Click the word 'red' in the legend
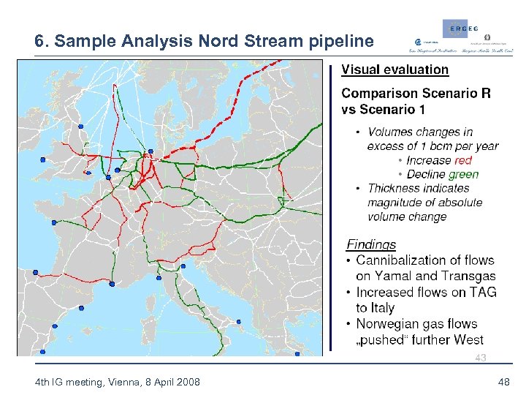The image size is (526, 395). [462, 160]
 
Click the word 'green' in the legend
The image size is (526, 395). [463, 174]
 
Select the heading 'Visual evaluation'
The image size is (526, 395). [395, 69]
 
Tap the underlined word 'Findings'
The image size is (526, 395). [371, 244]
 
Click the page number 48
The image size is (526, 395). [503, 382]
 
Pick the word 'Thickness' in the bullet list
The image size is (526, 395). [395, 188]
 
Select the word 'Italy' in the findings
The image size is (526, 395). [375, 308]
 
